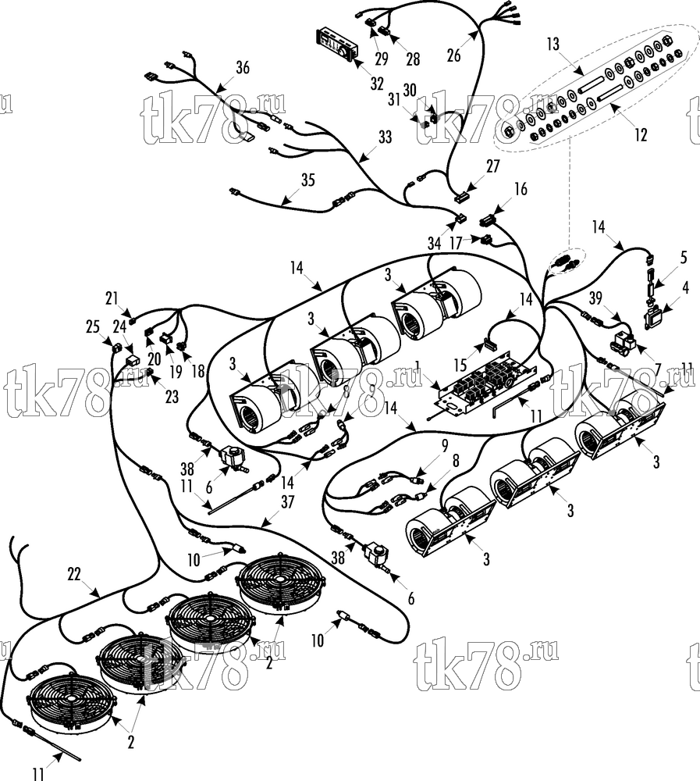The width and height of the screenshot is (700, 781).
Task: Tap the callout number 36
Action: (243, 68)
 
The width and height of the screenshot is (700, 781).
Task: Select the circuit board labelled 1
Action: (485, 383)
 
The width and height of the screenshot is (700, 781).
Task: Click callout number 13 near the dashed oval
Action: (553, 45)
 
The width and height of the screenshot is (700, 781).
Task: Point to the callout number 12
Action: (641, 134)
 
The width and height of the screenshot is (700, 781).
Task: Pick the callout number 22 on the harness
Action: (74, 574)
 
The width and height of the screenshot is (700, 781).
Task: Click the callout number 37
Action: (288, 502)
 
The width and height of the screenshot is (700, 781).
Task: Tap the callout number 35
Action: (308, 180)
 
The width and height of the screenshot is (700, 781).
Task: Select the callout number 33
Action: (386, 137)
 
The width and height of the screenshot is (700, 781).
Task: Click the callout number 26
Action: (454, 55)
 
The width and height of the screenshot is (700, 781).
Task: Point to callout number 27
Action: (493, 166)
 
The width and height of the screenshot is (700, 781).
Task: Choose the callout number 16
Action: (521, 189)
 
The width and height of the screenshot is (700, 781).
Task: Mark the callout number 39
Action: (595, 299)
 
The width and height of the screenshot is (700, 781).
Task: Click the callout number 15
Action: (460, 365)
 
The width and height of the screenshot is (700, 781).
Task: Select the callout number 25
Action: (93, 327)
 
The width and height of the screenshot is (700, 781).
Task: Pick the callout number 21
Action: (112, 299)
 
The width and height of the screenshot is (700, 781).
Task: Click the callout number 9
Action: (445, 445)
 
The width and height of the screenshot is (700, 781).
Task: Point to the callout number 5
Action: (684, 258)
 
